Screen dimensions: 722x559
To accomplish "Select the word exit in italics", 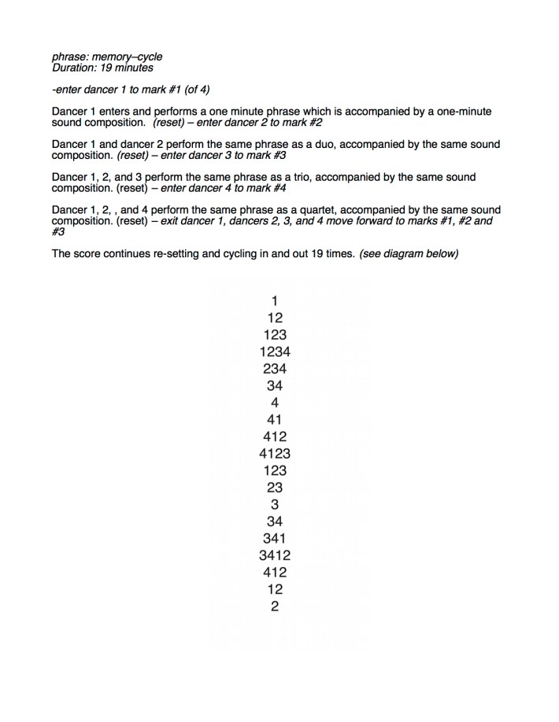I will (x=172, y=222).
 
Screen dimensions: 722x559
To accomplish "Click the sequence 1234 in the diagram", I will (x=275, y=352).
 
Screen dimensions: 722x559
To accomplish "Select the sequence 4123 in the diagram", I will (x=275, y=454).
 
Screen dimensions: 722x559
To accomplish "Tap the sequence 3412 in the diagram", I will (x=275, y=555).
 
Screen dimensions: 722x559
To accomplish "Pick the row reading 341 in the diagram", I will (x=275, y=538).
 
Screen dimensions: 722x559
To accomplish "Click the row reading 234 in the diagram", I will (x=275, y=369).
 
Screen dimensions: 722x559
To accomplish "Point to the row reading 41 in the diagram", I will (x=275, y=419).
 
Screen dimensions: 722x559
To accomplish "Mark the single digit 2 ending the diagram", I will (x=275, y=606).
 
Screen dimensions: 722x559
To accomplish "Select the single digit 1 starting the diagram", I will (x=275, y=300).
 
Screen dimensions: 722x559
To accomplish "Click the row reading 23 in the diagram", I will (x=275, y=488).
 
